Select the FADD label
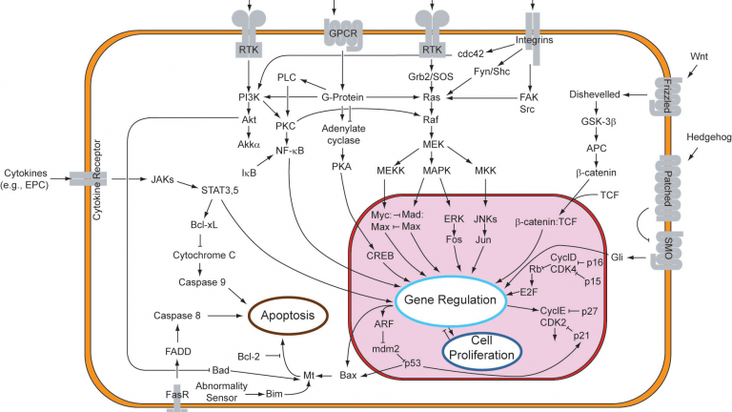point(178,352)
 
